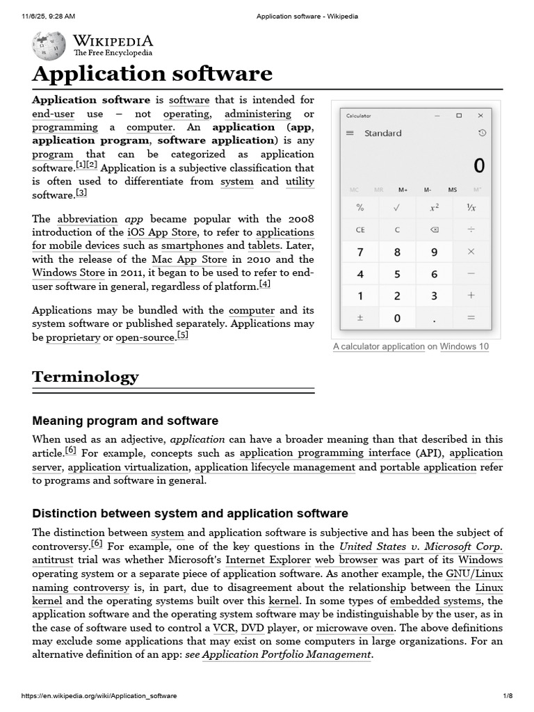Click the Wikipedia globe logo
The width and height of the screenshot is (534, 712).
[49, 45]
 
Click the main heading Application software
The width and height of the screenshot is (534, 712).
[152, 74]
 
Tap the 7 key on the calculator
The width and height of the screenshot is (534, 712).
[360, 252]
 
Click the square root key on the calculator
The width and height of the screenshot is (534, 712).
[397, 207]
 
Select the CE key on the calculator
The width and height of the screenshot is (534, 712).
[360, 229]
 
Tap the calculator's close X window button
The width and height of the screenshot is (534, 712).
[480, 115]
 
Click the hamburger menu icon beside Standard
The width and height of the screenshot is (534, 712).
[350, 133]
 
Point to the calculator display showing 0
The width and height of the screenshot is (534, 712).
[478, 165]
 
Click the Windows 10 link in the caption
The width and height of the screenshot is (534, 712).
[464, 346]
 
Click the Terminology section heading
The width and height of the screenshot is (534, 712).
[86, 377]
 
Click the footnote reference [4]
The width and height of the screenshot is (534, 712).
[264, 284]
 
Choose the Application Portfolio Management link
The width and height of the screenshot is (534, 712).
[286, 655]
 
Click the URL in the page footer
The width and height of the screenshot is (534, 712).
[99, 696]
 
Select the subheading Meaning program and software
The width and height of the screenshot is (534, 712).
[125, 421]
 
